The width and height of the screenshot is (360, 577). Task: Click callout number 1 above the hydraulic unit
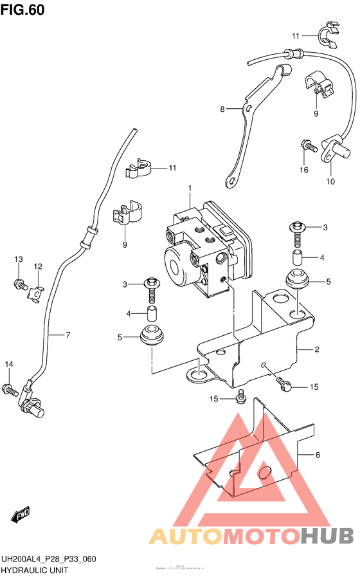190,188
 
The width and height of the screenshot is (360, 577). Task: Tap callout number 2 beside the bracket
317,350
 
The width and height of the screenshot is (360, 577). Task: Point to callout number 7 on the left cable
67,334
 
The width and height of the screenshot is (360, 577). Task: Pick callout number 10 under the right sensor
330,181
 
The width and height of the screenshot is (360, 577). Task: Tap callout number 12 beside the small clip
38,266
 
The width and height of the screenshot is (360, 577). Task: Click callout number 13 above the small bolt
19,259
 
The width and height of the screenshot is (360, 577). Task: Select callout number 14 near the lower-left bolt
9,365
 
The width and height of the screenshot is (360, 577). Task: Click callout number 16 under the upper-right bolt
303,170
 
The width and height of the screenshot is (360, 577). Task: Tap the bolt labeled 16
309,147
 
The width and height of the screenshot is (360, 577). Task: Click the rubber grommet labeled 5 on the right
297,280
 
